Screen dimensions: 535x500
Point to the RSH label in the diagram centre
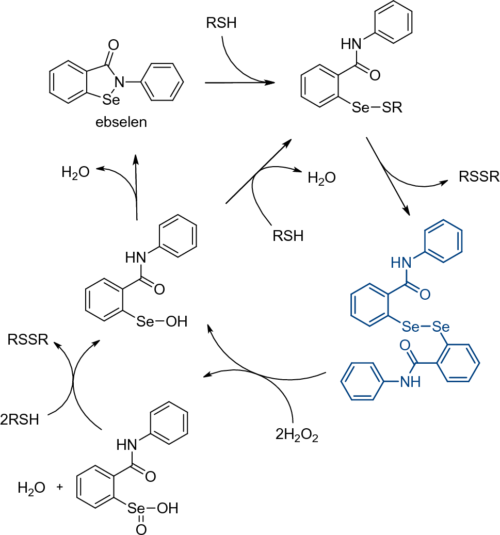(287, 236)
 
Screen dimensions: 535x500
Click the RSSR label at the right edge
(479, 177)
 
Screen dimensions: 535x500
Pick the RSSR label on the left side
(28, 340)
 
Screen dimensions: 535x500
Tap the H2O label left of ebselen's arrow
(75, 172)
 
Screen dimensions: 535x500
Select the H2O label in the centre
(321, 179)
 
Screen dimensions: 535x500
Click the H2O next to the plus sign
(31, 487)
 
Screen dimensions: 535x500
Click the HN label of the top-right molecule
(350, 44)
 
